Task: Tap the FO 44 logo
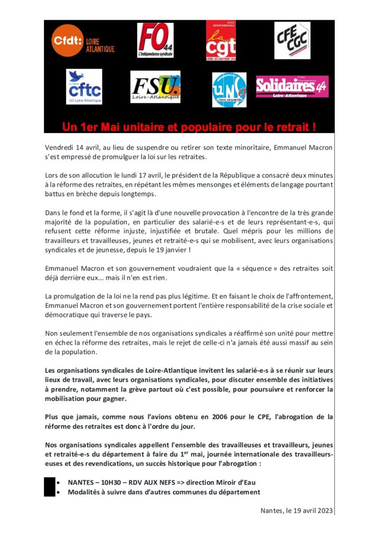(x=156, y=40)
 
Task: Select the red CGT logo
(x=221, y=41)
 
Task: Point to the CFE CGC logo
(x=292, y=40)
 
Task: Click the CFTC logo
(x=84, y=87)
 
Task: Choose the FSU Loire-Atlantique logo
(x=156, y=87)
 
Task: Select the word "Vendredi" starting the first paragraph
(x=59, y=148)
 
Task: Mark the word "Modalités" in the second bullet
(x=85, y=492)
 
